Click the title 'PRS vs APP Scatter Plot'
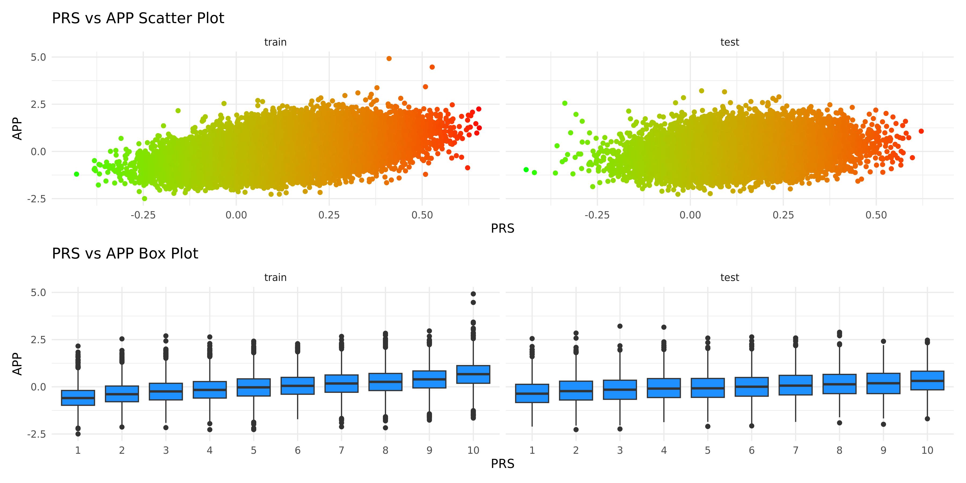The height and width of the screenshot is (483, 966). tap(138, 18)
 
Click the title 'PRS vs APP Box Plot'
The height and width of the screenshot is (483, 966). tap(125, 254)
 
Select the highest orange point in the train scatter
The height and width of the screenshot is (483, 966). tap(389, 58)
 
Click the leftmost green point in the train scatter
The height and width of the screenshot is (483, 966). tap(76, 174)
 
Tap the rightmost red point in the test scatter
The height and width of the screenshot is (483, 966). tap(921, 131)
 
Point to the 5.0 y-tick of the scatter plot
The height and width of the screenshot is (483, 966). tap(38, 57)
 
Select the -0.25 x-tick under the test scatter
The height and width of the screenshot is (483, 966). tap(597, 215)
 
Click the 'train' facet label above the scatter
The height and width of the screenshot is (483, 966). tap(275, 42)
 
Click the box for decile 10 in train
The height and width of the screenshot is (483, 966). tap(473, 374)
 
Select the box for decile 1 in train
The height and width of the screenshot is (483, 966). tap(78, 398)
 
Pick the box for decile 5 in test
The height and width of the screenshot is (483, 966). tap(708, 388)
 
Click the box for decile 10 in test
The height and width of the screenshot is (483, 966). tap(927, 380)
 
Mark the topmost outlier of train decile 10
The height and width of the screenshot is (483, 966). tap(473, 294)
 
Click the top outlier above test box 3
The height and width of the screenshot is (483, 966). tap(620, 326)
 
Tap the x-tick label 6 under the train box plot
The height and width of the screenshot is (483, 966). tap(297, 450)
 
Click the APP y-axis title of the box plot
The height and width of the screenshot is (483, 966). tap(17, 364)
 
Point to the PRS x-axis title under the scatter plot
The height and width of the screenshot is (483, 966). tap(503, 228)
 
